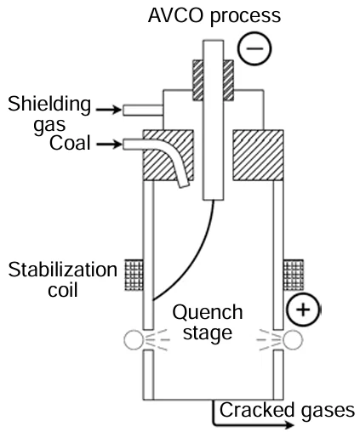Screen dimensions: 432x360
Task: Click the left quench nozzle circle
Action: pyautogui.click(x=133, y=342)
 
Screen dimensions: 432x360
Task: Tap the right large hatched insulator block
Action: pyautogui.click(x=258, y=154)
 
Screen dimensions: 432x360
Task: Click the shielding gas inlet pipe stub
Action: pyautogui.click(x=137, y=110)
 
